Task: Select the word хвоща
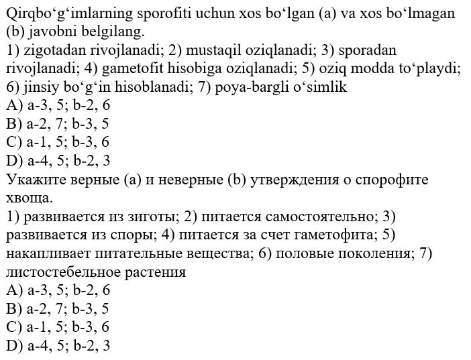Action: (x=27, y=198)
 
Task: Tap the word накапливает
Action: (x=43, y=254)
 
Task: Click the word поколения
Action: (x=375, y=254)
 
